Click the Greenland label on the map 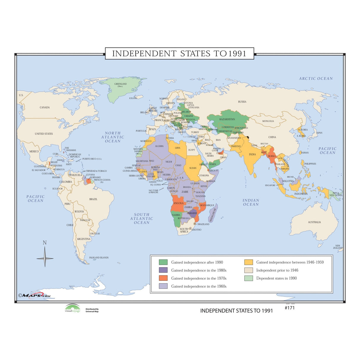120,84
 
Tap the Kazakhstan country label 227,119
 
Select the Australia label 314,222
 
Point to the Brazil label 93,199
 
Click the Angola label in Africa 178,203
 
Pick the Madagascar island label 213,215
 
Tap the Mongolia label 268,121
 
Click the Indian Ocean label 251,202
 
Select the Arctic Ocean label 316,79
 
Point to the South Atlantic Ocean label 142,219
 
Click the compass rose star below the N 45,258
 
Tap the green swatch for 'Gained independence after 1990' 163,262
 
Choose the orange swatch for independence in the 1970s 163,278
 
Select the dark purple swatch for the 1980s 163,270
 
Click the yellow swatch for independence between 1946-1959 249,262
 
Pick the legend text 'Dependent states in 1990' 276,278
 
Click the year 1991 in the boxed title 237,54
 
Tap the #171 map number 289,308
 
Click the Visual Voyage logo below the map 73,308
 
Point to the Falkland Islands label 99,258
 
